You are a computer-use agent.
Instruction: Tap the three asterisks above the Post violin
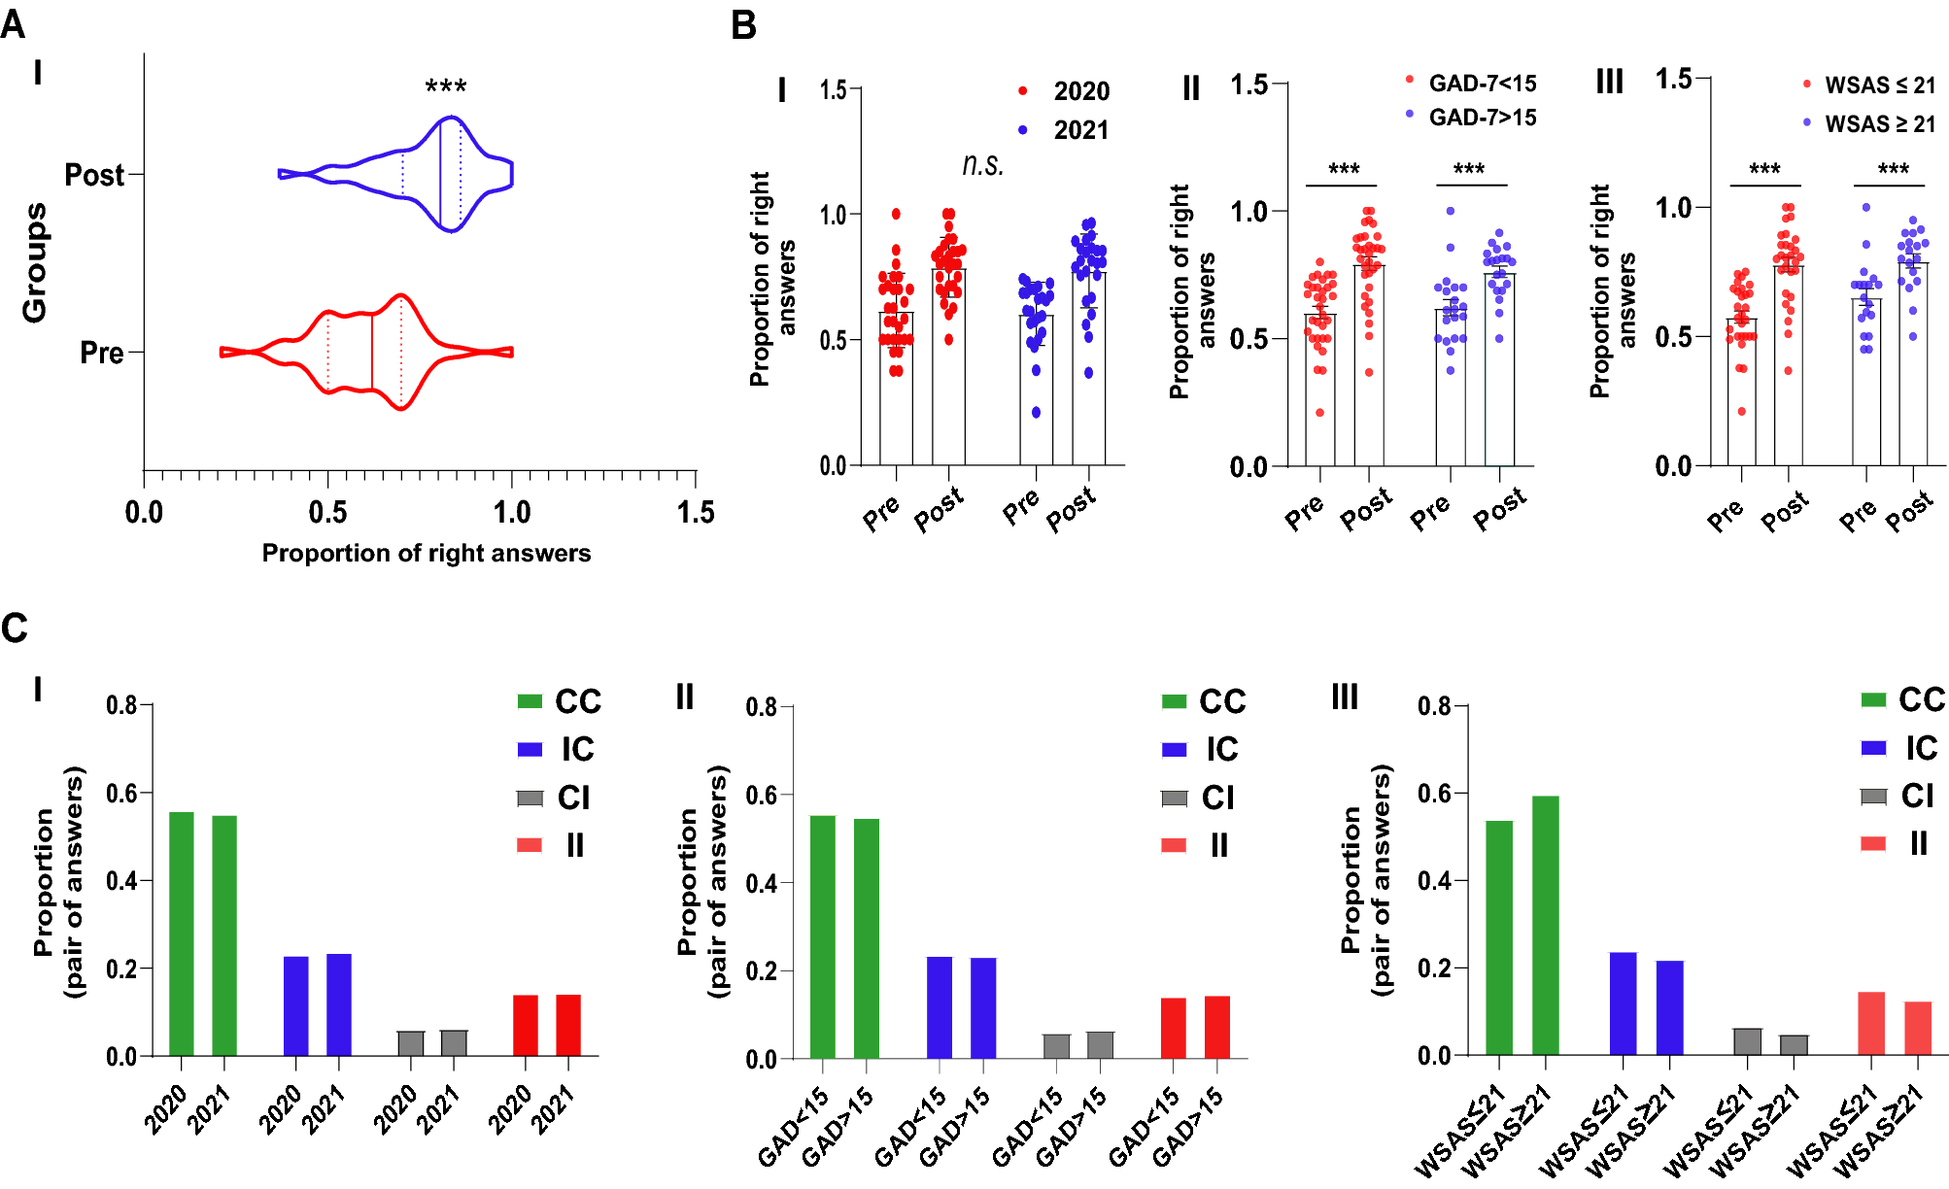(x=446, y=87)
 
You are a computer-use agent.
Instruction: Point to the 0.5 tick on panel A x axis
(x=327, y=512)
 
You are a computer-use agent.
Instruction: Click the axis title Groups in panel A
(x=35, y=262)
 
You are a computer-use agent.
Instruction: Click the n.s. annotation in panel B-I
(x=982, y=165)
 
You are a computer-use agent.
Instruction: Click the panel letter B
(x=743, y=25)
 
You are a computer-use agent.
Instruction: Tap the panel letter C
(x=15, y=628)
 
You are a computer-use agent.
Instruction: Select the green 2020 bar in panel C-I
(x=182, y=933)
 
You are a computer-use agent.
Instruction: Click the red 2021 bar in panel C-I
(x=568, y=1025)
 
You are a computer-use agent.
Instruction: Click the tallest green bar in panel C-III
(x=1545, y=925)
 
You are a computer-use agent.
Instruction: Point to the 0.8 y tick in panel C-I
(x=121, y=704)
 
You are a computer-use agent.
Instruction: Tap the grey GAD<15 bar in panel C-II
(x=1056, y=1046)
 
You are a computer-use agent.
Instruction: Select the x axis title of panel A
(x=426, y=553)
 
